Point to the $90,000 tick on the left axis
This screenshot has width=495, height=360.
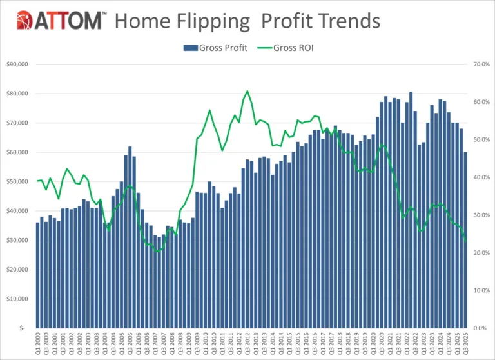pyautogui.click(x=17, y=64)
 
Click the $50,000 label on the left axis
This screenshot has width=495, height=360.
pyautogui.click(x=17, y=181)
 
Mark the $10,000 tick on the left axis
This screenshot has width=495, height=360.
pyautogui.click(x=17, y=299)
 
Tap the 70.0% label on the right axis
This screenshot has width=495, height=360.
pyautogui.click(x=481, y=64)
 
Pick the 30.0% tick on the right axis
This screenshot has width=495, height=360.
pyautogui.click(x=481, y=215)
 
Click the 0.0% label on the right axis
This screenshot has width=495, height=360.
pyautogui.click(x=481, y=328)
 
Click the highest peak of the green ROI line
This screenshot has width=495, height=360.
pyautogui.click(x=247, y=91)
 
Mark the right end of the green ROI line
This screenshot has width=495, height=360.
pyautogui.click(x=466, y=241)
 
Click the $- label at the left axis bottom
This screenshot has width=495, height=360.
pyautogui.click(x=22, y=328)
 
